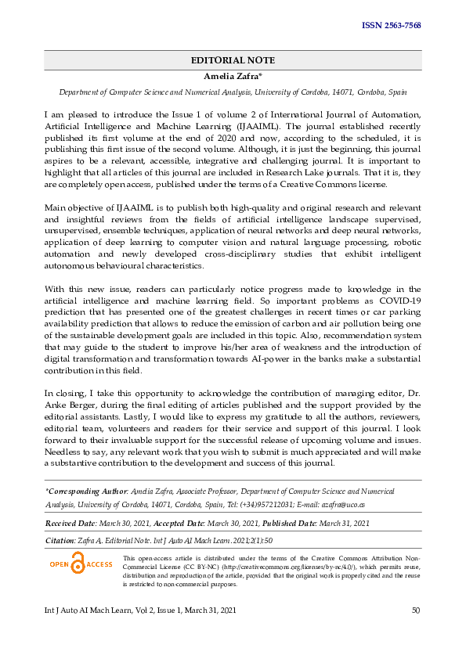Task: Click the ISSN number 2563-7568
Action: click(391, 26)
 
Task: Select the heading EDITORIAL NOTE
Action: click(233, 60)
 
